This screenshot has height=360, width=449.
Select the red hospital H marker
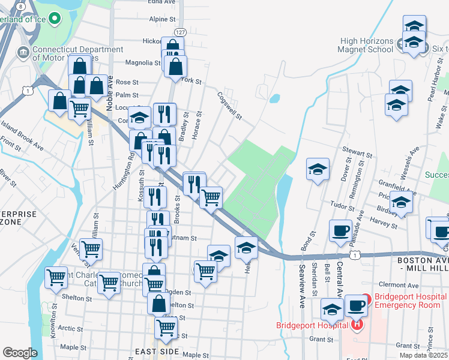[357, 326]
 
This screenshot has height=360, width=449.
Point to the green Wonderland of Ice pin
[55, 19]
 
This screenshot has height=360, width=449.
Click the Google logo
[20, 353]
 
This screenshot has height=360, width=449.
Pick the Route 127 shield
[179, 31]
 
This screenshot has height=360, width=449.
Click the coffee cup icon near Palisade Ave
[340, 232]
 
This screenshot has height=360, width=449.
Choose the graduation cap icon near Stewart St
[318, 169]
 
